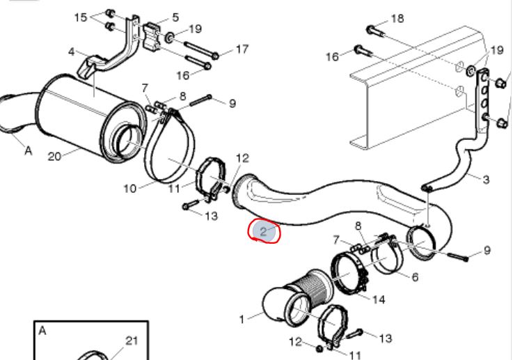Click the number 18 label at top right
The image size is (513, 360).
pyautogui.click(x=397, y=19)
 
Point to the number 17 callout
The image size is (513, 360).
pyautogui.click(x=242, y=49)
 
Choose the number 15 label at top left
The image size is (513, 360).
pyautogui.click(x=81, y=17)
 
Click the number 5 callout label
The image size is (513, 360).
pyautogui.click(x=175, y=17)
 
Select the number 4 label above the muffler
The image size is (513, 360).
pyautogui.click(x=72, y=52)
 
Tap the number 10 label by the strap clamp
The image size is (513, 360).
pyautogui.click(x=130, y=188)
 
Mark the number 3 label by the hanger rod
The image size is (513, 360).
pyautogui.click(x=486, y=180)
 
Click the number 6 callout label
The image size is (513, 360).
pyautogui.click(x=415, y=276)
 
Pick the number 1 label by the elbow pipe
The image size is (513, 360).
pyautogui.click(x=242, y=320)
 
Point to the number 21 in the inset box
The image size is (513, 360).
pyautogui.click(x=131, y=341)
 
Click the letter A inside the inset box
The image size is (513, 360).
pyautogui.click(x=42, y=331)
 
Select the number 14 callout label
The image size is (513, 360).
pyautogui.click(x=379, y=300)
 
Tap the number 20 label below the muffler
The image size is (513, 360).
pyautogui.click(x=55, y=157)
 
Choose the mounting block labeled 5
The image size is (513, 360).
pyautogui.click(x=155, y=36)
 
